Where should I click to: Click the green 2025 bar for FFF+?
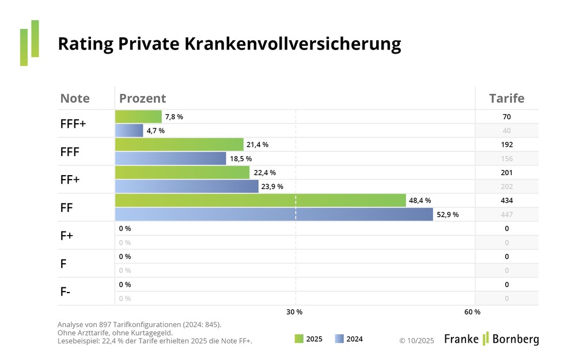click(138, 117)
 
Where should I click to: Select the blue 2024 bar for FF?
click(274, 214)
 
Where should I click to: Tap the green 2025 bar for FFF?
click(179, 145)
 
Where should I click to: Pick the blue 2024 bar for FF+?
click(187, 187)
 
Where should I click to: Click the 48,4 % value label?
click(420, 200)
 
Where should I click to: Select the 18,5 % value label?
click(241, 158)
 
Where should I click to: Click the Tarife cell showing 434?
click(507, 200)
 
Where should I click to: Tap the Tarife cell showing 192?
click(507, 145)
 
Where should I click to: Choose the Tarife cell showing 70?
click(507, 117)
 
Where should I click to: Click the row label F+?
click(67, 236)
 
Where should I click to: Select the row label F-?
click(66, 291)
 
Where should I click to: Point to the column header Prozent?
click(142, 98)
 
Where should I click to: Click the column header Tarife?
click(507, 98)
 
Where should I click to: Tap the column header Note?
click(75, 98)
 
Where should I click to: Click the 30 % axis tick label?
click(294, 312)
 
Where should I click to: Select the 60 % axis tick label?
click(472, 312)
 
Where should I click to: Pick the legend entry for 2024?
click(349, 339)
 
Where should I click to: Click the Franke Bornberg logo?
click(491, 339)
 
